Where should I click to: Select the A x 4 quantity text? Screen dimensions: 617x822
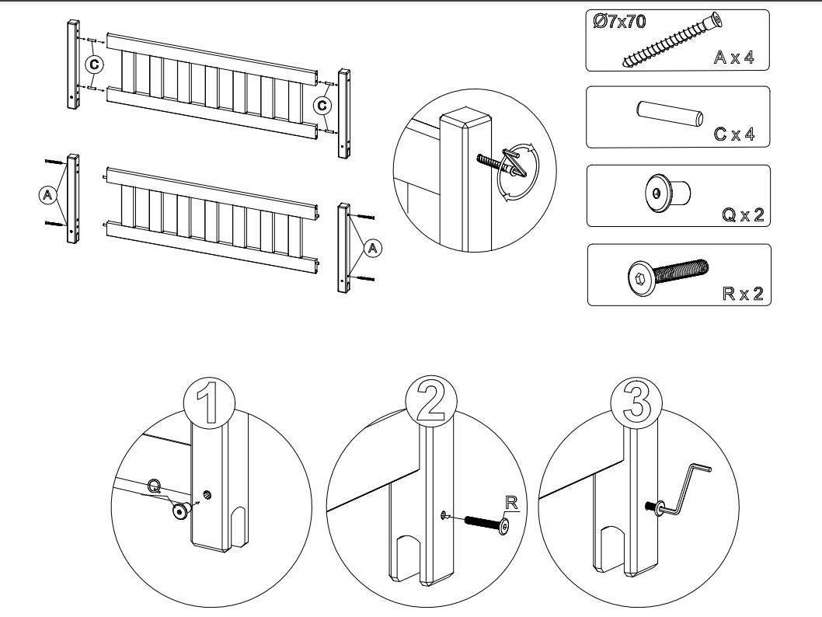[x=733, y=58]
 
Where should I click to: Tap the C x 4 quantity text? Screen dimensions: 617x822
[x=734, y=134]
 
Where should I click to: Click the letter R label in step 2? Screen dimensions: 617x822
[x=511, y=503]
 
